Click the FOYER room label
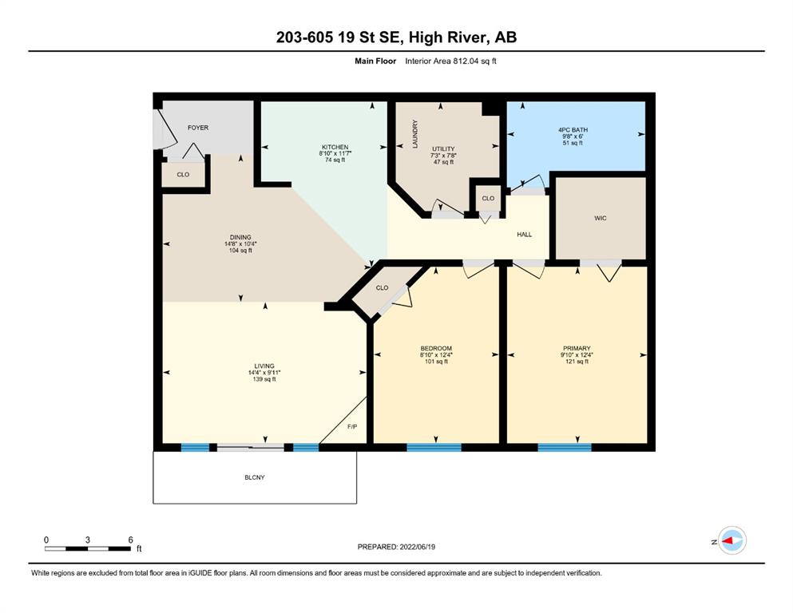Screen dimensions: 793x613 (198, 128)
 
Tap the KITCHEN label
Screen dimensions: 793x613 (335, 147)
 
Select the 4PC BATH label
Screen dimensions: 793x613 (573, 130)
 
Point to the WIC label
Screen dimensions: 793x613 (601, 219)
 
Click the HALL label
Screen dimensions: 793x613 (525, 235)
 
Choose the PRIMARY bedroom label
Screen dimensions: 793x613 (577, 348)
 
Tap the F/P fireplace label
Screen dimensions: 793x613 (352, 426)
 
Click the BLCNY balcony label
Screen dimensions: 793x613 (255, 477)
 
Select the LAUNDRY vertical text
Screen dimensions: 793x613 (415, 134)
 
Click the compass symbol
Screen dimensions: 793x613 (732, 540)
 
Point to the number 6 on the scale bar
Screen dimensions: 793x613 (130, 540)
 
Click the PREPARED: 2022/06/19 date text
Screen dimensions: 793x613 (396, 547)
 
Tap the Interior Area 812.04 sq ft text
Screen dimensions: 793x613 (450, 61)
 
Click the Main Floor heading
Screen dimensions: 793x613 (375, 61)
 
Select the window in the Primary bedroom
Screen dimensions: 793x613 (565, 447)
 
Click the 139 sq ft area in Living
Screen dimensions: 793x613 (264, 379)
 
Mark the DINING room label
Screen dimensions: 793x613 (240, 237)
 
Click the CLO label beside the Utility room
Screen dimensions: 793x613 (488, 199)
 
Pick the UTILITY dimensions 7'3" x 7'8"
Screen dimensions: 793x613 (443, 156)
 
